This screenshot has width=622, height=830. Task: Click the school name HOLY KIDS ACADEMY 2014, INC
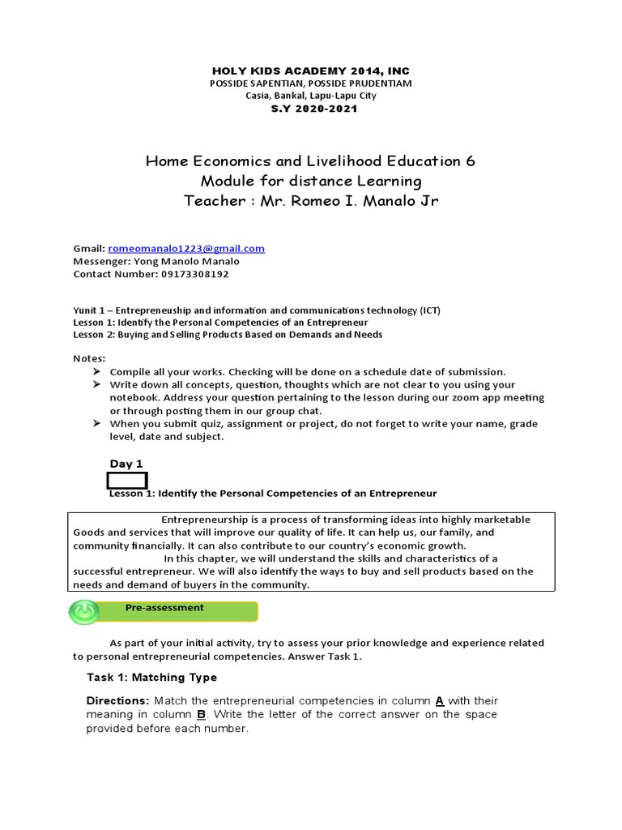click(310, 71)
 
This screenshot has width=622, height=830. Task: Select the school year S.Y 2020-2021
click(310, 109)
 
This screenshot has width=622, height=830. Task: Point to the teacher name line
click(310, 201)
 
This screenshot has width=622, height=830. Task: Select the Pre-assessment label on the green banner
click(164, 607)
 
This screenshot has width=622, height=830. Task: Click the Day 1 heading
click(126, 464)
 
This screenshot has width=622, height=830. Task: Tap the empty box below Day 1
click(128, 480)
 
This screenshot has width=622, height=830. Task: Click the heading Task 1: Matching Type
click(151, 677)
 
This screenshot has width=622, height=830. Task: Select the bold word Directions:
click(118, 700)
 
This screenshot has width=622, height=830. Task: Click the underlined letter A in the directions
click(440, 700)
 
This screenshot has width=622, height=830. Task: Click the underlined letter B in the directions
click(201, 714)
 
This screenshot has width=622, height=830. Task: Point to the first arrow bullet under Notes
click(96, 371)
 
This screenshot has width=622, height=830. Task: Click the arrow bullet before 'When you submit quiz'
click(96, 424)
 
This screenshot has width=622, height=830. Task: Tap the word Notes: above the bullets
click(89, 358)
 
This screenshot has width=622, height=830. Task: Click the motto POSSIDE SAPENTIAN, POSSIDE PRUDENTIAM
click(310, 84)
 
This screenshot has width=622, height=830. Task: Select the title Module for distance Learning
click(310, 181)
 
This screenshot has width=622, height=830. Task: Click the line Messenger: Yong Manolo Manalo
click(156, 261)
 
